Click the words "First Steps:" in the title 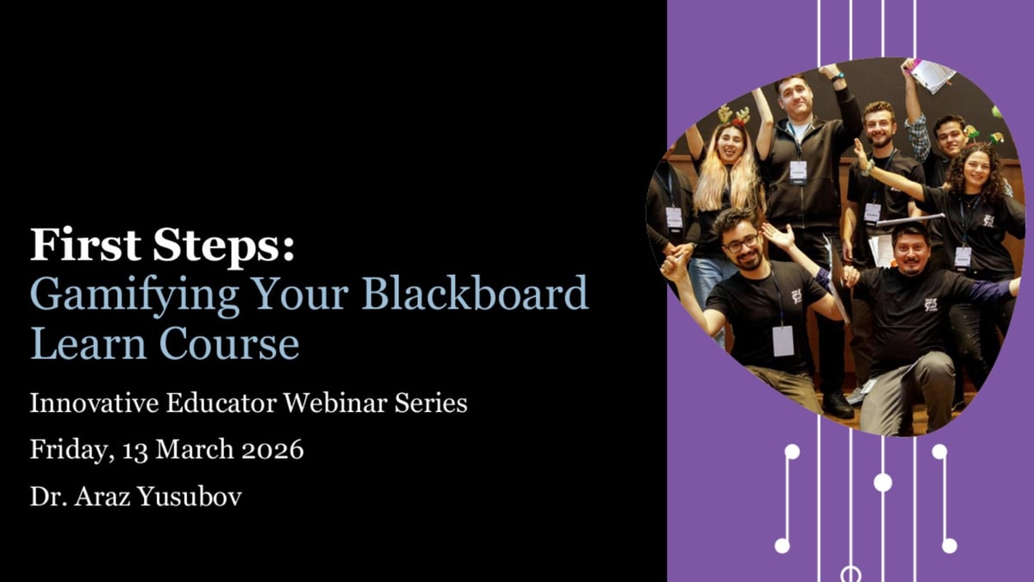[162, 245]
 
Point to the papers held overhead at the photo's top [931, 75]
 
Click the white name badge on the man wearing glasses [782, 341]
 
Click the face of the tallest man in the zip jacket [794, 97]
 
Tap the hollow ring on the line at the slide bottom [850, 573]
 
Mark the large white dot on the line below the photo [882, 482]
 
